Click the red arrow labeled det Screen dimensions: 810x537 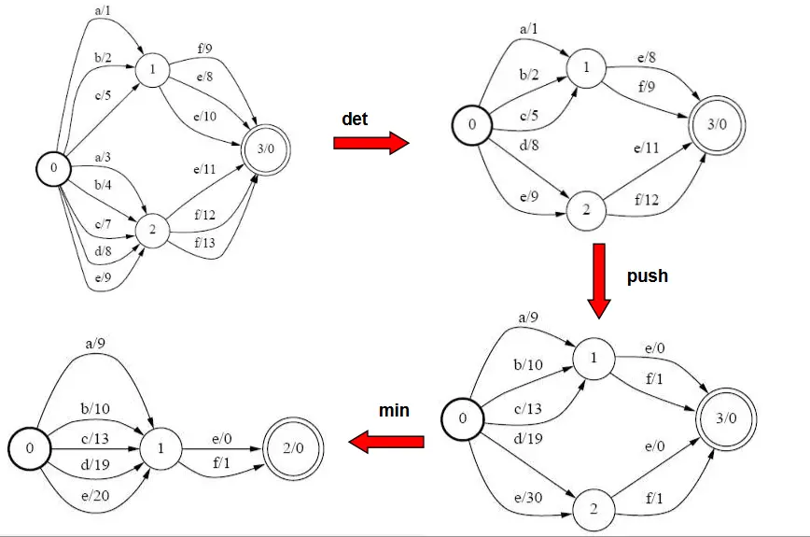(x=370, y=143)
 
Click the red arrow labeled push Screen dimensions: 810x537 (x=599, y=281)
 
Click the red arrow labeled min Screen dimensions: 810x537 (x=386, y=442)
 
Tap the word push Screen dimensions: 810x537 (x=648, y=276)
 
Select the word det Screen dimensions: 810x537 (x=355, y=119)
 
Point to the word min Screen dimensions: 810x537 (x=394, y=410)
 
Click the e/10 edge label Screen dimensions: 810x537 (x=205, y=117)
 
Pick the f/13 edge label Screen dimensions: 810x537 (x=204, y=243)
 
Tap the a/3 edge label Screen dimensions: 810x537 (x=103, y=157)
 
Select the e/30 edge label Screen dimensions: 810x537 (x=528, y=498)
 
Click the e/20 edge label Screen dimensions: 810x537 (x=95, y=496)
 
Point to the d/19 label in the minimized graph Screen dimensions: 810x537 (x=95, y=464)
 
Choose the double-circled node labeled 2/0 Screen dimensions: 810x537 (x=293, y=447)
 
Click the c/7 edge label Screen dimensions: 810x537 (x=103, y=224)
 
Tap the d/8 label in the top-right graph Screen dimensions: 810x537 (x=529, y=145)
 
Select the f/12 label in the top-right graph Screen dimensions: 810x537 (x=647, y=200)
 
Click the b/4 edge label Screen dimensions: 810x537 (x=103, y=185)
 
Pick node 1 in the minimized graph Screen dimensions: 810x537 (x=161, y=447)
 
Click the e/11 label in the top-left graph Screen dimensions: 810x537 (x=204, y=169)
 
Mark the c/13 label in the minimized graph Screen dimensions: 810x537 (x=95, y=439)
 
